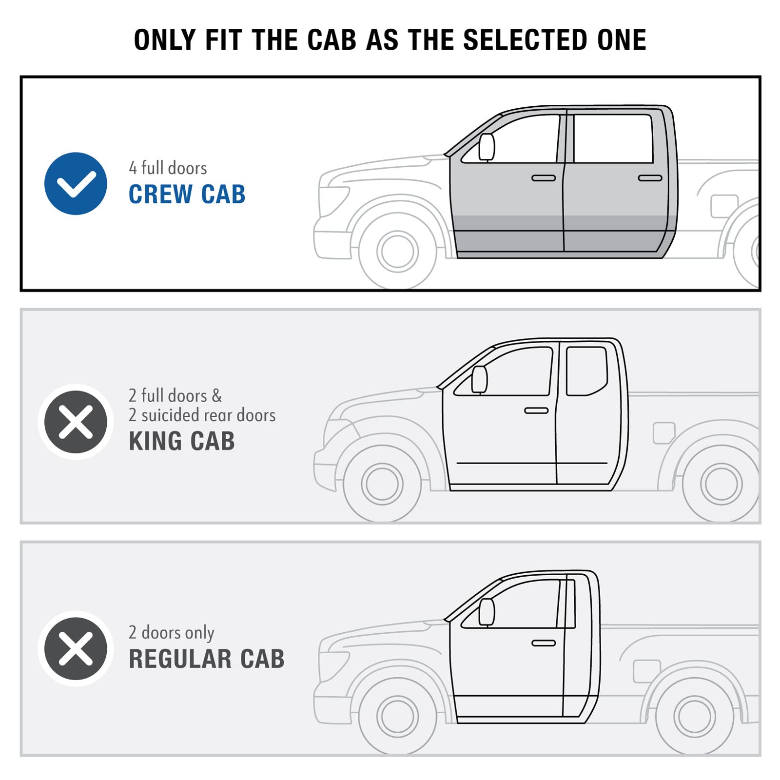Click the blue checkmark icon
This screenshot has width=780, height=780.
tap(76, 183)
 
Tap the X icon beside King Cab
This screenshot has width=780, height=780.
tap(76, 422)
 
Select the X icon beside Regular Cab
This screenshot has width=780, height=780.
tap(76, 649)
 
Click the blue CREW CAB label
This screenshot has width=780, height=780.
tap(187, 194)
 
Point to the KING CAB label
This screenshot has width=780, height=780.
tap(182, 441)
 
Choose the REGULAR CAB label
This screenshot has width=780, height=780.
tap(207, 659)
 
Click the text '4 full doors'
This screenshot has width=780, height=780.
tap(168, 168)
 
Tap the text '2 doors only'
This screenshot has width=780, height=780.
tap(172, 632)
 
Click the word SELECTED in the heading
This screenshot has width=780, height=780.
tap(526, 39)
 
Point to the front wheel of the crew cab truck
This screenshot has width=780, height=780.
tap(398, 252)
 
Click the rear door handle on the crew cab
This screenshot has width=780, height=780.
tap(650, 178)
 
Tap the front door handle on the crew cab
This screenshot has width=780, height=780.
tap(544, 178)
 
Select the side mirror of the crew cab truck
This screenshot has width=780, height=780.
tap(487, 147)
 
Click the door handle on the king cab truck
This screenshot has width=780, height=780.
tap(536, 410)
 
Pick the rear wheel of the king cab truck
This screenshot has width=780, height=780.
tap(721, 484)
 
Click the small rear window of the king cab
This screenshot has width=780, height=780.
tap(587, 371)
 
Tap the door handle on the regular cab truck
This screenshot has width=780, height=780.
tap(544, 643)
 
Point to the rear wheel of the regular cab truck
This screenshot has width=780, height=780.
tap(695, 716)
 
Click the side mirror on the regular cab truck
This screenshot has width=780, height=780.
tap(487, 612)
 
